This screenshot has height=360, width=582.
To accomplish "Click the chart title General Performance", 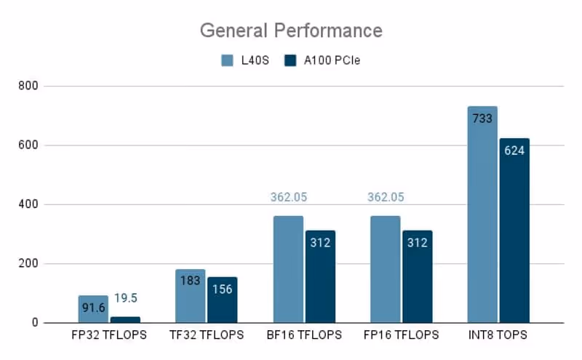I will [x=291, y=31].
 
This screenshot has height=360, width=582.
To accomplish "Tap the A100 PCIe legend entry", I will [x=322, y=60].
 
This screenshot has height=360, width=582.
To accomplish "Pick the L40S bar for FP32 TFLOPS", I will [x=93, y=309].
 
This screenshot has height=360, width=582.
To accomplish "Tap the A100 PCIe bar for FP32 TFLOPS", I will [x=125, y=320].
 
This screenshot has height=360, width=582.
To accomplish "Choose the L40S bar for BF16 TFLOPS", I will [x=288, y=269].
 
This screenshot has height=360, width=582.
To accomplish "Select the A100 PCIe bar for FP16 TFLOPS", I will [x=417, y=276].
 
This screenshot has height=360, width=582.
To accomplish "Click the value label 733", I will [x=482, y=119].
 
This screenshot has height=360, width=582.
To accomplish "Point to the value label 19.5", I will [x=126, y=297].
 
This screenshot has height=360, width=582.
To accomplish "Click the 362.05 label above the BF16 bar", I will [x=287, y=197].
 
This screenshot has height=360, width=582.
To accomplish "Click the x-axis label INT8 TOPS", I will [x=498, y=335].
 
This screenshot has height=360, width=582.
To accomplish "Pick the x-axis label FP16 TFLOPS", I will [x=401, y=335].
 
